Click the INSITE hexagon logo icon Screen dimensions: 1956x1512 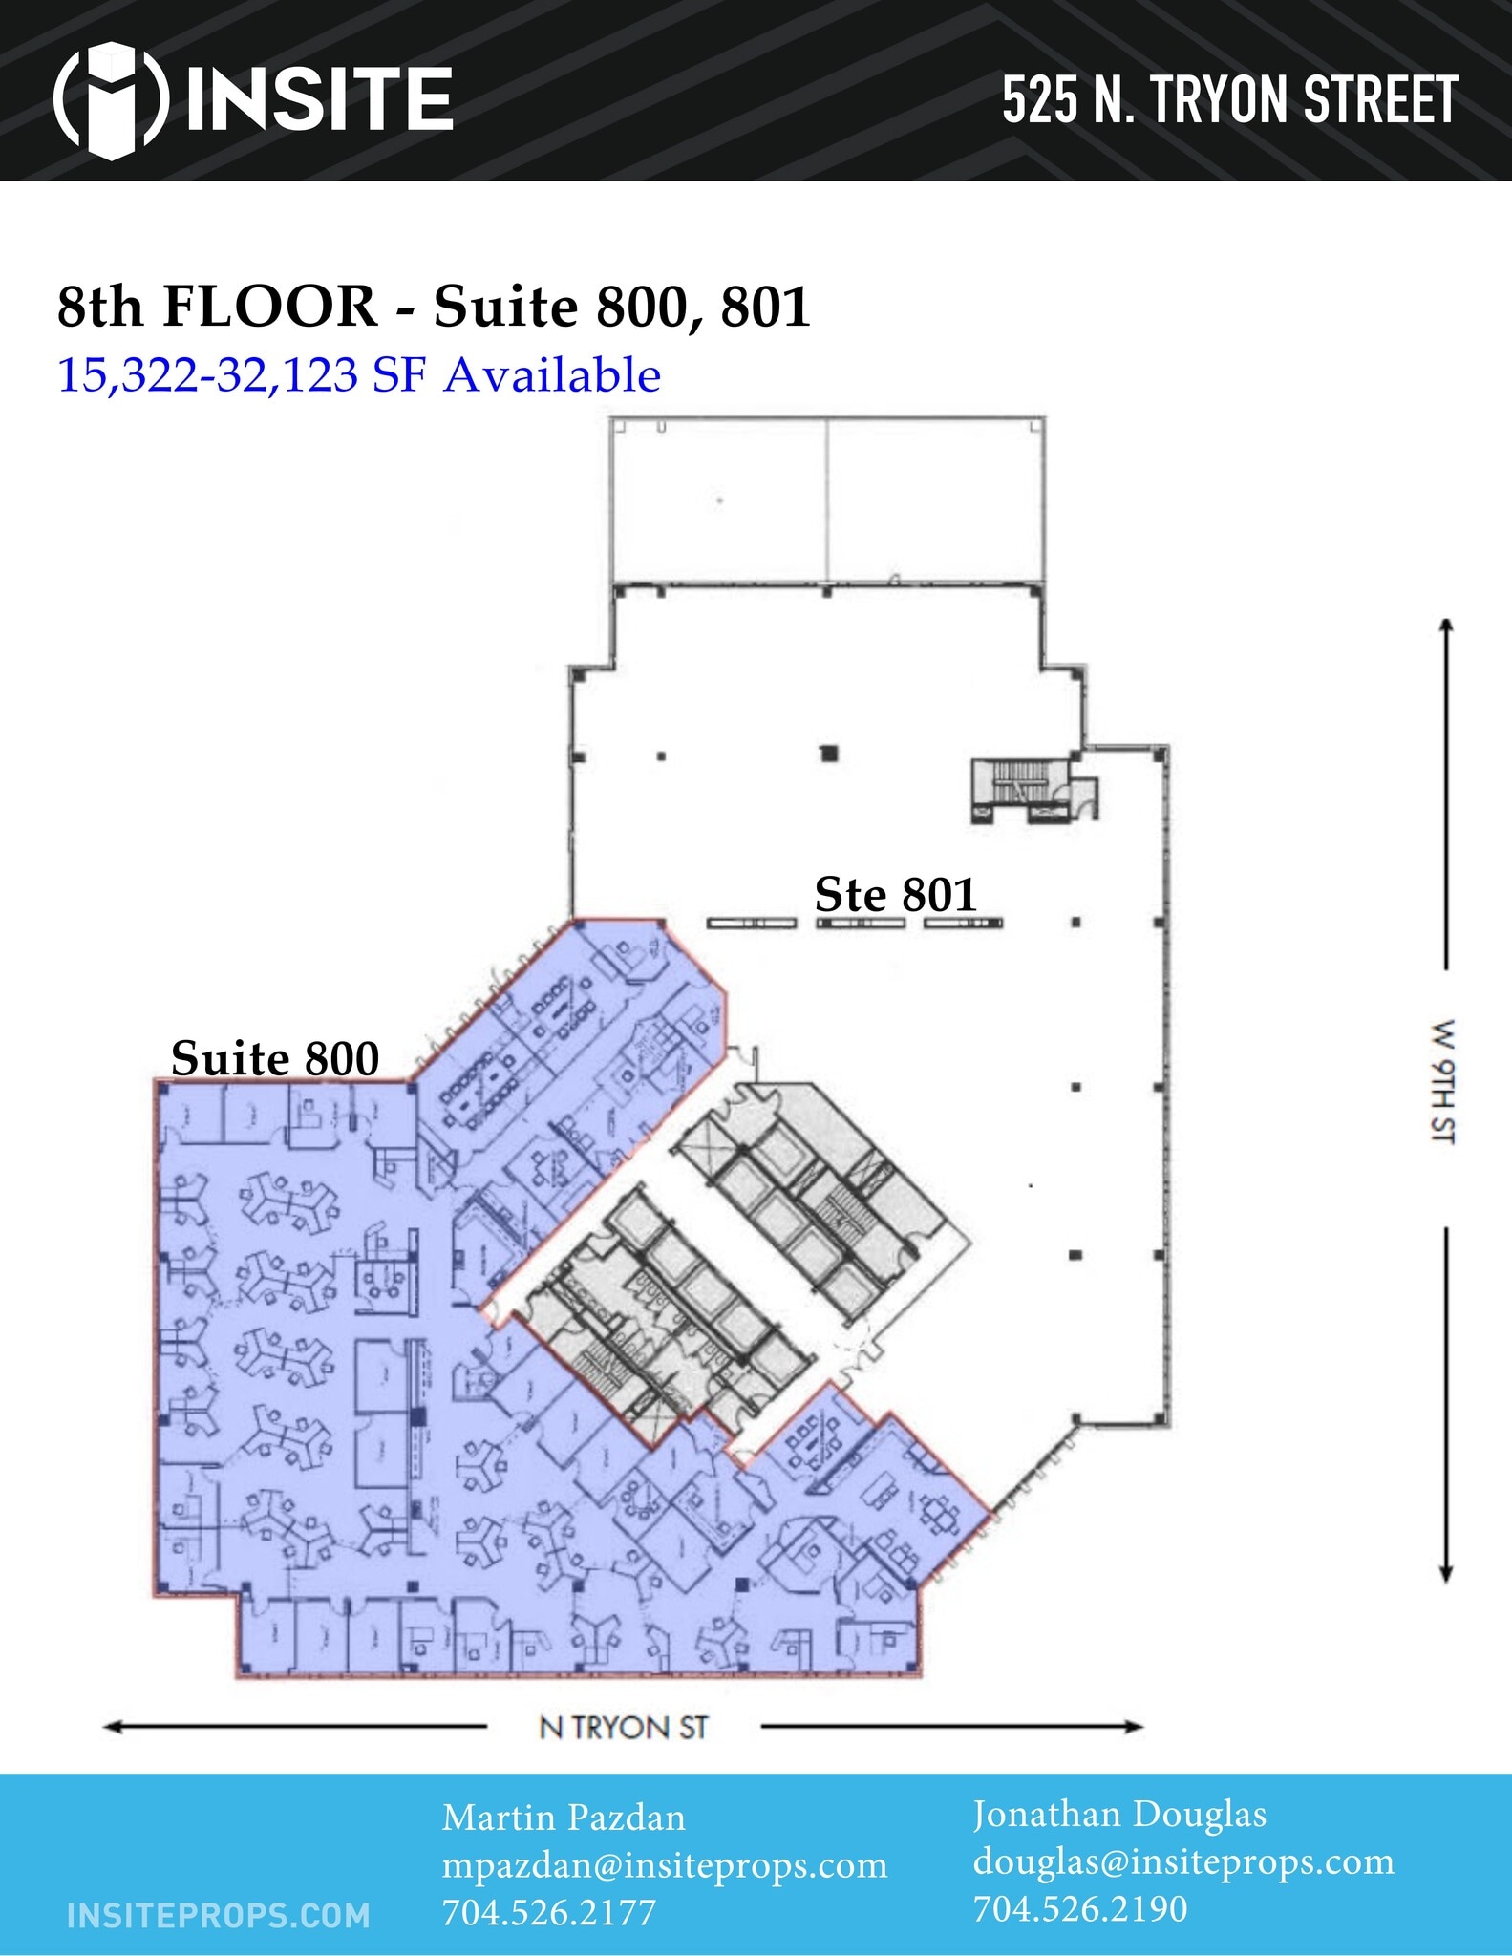(x=112, y=99)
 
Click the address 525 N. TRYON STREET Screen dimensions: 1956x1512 (x=1229, y=100)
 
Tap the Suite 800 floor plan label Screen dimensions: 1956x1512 (x=275, y=1059)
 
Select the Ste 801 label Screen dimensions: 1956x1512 (x=895, y=896)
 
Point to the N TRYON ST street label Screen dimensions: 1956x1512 (x=624, y=1728)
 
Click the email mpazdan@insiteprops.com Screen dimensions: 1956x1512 (x=664, y=1865)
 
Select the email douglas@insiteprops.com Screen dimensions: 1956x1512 (x=1183, y=1861)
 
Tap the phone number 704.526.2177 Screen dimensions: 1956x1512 (x=548, y=1912)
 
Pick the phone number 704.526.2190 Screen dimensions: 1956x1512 (x=1080, y=1908)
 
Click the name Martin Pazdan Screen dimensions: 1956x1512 (x=564, y=1818)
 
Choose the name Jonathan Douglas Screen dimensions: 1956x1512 (x=1119, y=1814)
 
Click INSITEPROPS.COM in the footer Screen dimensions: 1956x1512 (x=219, y=1915)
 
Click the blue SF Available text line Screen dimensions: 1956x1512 (x=359, y=375)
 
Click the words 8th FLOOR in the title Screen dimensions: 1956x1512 (x=217, y=308)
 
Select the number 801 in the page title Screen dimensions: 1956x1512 (x=765, y=308)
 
